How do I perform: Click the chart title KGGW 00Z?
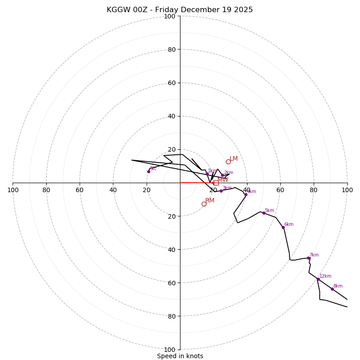(180, 10)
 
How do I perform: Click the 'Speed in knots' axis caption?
(180, 356)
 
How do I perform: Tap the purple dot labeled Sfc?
(148, 171)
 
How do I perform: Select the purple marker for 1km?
(207, 174)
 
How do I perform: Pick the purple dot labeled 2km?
(222, 175)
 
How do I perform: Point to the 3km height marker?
(221, 191)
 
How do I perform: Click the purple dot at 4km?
(246, 195)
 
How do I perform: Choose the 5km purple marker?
(264, 213)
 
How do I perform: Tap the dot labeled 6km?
(283, 227)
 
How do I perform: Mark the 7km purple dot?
(308, 258)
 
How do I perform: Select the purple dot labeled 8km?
(332, 289)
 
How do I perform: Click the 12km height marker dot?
(318, 279)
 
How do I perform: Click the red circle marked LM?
(228, 162)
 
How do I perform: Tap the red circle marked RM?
(204, 204)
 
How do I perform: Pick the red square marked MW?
(216, 183)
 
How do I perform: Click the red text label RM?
(210, 201)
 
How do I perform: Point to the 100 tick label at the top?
(170, 16)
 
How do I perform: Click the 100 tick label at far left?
(13, 190)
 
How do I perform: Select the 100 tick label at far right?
(347, 190)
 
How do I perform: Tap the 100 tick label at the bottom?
(170, 350)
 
